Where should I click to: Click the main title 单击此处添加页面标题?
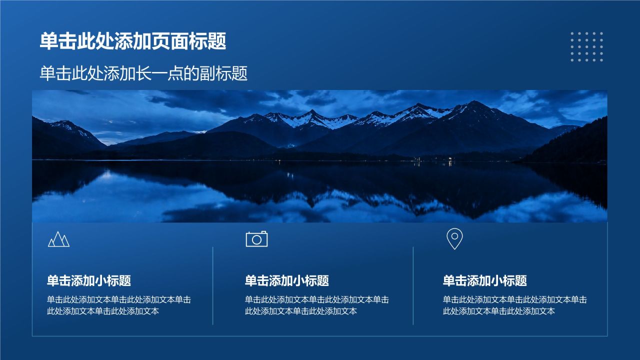[x=133, y=41]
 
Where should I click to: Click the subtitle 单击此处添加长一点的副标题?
[x=143, y=73]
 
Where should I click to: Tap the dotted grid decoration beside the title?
[x=587, y=46]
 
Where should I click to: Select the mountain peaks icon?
[x=59, y=239]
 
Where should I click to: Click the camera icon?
[x=256, y=239]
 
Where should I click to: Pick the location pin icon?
[x=454, y=239]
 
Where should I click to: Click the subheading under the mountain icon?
[x=89, y=280]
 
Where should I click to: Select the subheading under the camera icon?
[x=287, y=280]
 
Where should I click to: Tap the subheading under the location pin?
[x=485, y=280]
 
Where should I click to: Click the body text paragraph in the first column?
[x=119, y=305]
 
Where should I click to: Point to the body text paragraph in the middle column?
[x=317, y=305]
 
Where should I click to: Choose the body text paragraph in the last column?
[x=515, y=305]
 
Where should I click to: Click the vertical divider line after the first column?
[x=213, y=285]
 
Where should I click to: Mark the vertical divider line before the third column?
[x=413, y=285]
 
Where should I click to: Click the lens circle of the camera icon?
[x=256, y=240]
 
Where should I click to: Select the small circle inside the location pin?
[x=454, y=236]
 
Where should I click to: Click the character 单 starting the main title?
[x=49, y=41]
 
